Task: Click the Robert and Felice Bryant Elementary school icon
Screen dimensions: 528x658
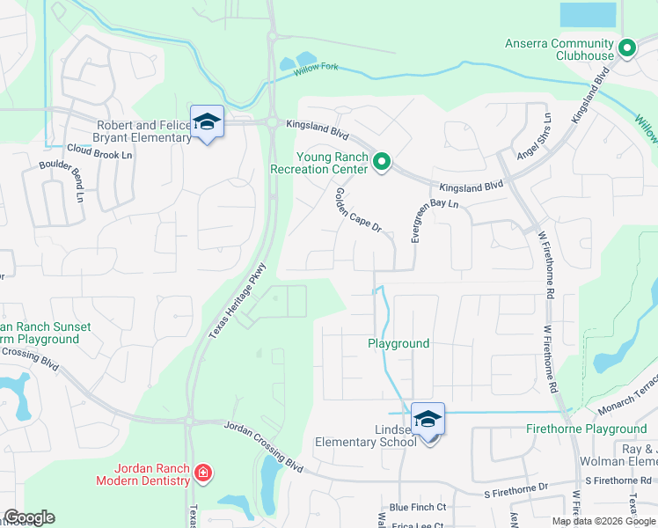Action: [x=207, y=122]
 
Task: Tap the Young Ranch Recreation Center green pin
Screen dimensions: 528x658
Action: [x=382, y=161]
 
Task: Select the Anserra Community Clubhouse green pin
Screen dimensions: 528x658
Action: [x=627, y=48]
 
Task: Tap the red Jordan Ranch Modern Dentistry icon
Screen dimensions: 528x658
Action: [x=203, y=473]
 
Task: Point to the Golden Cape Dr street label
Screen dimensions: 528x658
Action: [x=357, y=210]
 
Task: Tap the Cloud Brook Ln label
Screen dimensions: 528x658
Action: [x=99, y=154]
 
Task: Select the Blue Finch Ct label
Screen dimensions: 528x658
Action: [x=418, y=508]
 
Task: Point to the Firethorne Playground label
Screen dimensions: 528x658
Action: [x=586, y=429]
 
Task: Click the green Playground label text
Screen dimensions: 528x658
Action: [x=398, y=343]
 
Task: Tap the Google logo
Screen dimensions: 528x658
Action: [x=29, y=518]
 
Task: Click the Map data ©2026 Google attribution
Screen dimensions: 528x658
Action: [x=604, y=520]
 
